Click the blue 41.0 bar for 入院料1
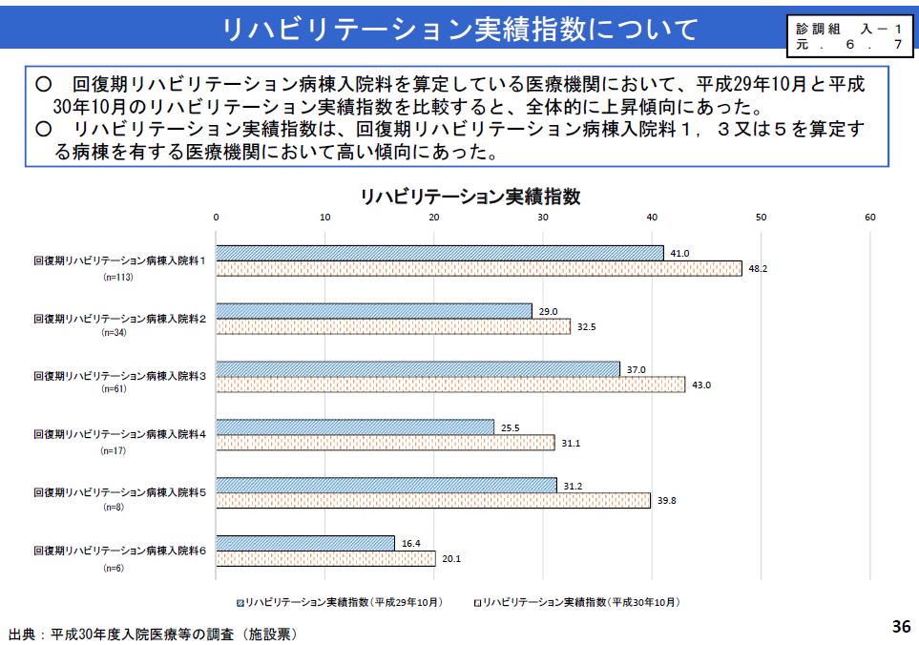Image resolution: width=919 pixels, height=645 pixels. tap(439, 253)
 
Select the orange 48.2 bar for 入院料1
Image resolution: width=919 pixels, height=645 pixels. tap(478, 268)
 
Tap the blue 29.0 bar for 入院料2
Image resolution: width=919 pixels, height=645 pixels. tap(374, 311)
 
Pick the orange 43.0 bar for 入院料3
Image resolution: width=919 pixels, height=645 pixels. tap(450, 385)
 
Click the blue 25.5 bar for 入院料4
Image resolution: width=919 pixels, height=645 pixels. tap(355, 427)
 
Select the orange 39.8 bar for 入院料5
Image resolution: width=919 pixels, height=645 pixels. tap(433, 500)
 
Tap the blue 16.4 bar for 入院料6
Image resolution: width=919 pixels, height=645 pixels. tap(305, 543)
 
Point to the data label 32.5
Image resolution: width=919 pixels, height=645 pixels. tap(587, 327)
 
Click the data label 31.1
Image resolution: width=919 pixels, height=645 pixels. tap(571, 443)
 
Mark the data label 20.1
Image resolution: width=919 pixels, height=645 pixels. tap(451, 559)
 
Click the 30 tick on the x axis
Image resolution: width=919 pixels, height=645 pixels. tap(543, 218)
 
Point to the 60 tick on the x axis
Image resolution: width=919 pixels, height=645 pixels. tap(869, 218)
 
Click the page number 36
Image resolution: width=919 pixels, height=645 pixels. tap(901, 627)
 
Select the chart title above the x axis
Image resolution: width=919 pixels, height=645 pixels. tap(470, 197)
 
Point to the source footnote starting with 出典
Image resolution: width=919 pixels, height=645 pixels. tap(152, 633)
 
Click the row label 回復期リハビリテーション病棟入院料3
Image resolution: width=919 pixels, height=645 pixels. tap(119, 376)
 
